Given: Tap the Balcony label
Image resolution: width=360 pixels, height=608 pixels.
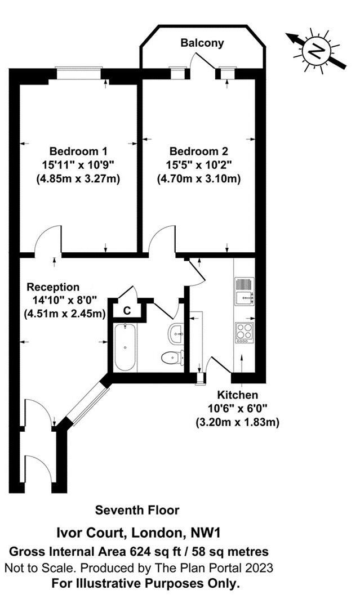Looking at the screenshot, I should click(x=202, y=43).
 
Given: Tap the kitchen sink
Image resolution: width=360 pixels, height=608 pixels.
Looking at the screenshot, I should click(x=245, y=290).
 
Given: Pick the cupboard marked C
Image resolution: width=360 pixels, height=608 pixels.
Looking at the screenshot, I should click(x=127, y=310).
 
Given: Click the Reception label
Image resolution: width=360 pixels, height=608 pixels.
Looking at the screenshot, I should click(x=53, y=287).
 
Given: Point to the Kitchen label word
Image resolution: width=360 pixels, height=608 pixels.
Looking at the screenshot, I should click(x=239, y=395).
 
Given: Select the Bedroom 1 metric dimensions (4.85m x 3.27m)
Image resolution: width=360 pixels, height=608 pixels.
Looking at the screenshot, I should click(x=78, y=178).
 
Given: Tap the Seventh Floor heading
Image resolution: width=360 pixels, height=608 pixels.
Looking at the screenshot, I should click(x=137, y=510).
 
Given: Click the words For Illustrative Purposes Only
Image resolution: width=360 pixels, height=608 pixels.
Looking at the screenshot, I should click(x=145, y=583).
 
